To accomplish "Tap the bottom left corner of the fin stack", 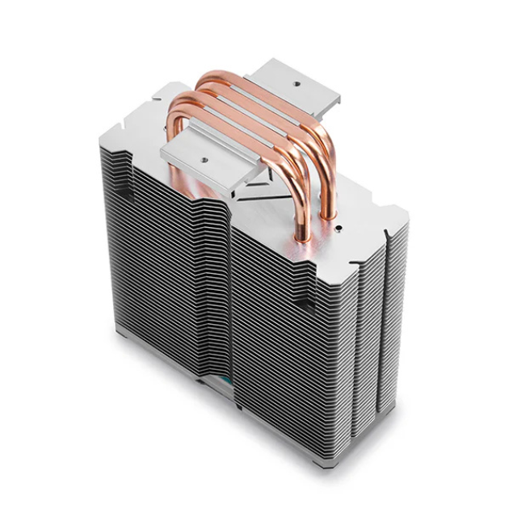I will coord(119,331).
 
